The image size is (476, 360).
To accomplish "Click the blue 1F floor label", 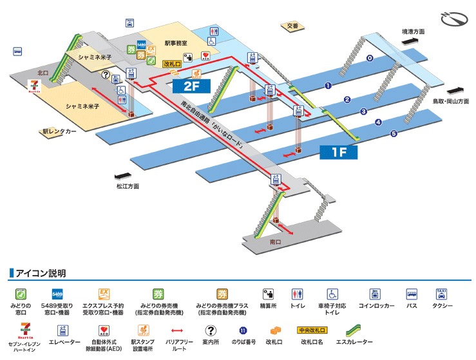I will (x=339, y=153).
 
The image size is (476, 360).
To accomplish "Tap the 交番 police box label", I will (x=292, y=26).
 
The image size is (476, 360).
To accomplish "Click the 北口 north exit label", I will (x=43, y=73).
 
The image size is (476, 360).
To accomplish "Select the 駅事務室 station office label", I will (x=176, y=43).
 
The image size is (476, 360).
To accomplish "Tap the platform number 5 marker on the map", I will (x=393, y=134).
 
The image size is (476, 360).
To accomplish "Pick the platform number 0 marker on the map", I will (x=369, y=59).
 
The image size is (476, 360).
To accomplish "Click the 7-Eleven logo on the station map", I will (x=33, y=87).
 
